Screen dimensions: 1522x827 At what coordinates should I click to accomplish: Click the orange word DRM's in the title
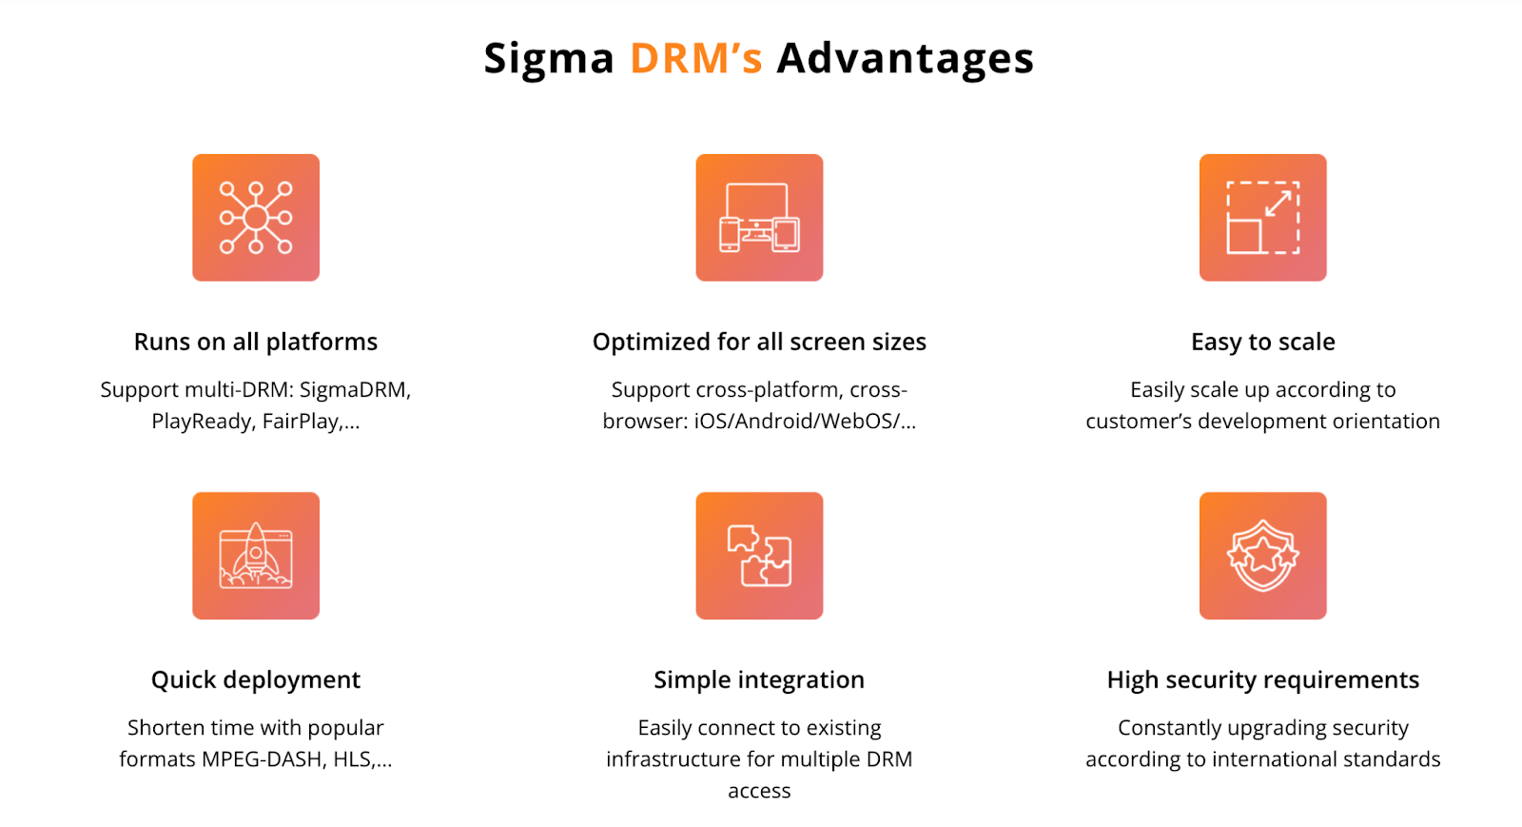[x=696, y=58]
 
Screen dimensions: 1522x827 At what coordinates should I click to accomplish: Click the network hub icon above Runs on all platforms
[x=256, y=217]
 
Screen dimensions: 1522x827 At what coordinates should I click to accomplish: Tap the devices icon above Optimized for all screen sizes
[x=759, y=217]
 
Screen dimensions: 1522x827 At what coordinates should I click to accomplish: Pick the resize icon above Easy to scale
[x=1262, y=217]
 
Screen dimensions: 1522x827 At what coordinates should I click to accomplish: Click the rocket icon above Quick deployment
[x=256, y=555]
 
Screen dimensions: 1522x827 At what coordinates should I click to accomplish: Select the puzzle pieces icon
[x=759, y=555]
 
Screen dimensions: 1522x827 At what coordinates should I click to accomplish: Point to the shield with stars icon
[x=1262, y=555]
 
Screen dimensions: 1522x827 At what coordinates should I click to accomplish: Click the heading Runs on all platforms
[x=256, y=342]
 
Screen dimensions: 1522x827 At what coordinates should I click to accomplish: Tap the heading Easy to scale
[x=1263, y=342]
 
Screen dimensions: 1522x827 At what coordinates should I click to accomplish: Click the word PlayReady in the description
[x=201, y=422]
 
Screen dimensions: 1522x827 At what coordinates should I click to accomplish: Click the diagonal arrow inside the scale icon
[x=1278, y=204]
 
